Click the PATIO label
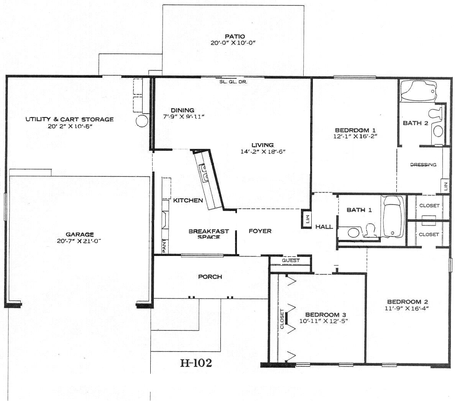point(235,36)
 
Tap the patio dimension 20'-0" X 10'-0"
point(233,43)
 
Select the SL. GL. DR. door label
point(233,82)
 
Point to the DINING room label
point(182,110)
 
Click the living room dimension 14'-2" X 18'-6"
point(263,152)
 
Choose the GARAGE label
point(80,234)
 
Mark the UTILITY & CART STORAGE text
point(69,119)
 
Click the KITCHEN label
point(188,200)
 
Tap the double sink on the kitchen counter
point(203,172)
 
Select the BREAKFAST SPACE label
point(209,234)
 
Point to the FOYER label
point(260,231)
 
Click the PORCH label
point(210,276)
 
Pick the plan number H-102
point(196,363)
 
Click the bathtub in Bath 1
point(393,216)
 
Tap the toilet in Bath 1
point(370,230)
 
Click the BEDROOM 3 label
point(325,315)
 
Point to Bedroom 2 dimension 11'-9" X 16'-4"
point(406,308)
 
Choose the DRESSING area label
point(423,165)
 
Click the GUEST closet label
point(291,261)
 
